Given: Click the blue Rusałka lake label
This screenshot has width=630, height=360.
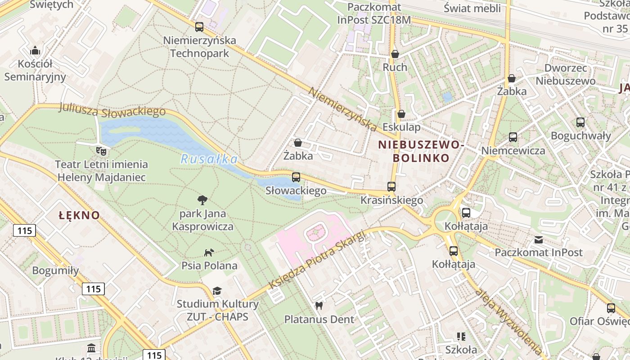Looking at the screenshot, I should (x=209, y=159).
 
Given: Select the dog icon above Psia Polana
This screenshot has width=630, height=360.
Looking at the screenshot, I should (x=209, y=252).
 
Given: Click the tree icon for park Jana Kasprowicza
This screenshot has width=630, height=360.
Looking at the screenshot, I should (x=202, y=200).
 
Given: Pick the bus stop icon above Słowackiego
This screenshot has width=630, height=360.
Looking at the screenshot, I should (x=296, y=177).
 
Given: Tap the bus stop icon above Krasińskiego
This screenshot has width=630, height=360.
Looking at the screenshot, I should (x=391, y=186).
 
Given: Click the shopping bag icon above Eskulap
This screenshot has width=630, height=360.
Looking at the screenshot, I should (x=401, y=114).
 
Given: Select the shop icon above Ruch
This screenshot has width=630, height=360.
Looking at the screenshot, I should (x=395, y=54).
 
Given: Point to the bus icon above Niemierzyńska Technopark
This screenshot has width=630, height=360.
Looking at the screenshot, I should (x=199, y=27).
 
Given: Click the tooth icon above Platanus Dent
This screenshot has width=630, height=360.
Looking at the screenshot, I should (x=319, y=306).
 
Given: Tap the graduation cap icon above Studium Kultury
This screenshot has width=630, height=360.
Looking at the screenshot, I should (x=217, y=291).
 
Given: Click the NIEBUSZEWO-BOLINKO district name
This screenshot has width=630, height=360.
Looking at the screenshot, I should (x=421, y=151).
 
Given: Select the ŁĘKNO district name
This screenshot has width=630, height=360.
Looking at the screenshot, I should (x=79, y=216).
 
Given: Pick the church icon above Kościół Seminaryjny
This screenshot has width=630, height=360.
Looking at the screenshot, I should (x=35, y=50).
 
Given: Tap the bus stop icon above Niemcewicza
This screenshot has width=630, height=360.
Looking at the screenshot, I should (x=513, y=137).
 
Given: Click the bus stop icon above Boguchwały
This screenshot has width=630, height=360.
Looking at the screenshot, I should (x=580, y=122).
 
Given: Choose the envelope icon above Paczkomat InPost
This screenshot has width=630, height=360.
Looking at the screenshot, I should (x=539, y=239).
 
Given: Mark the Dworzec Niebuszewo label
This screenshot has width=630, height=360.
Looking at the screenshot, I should (x=566, y=75).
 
